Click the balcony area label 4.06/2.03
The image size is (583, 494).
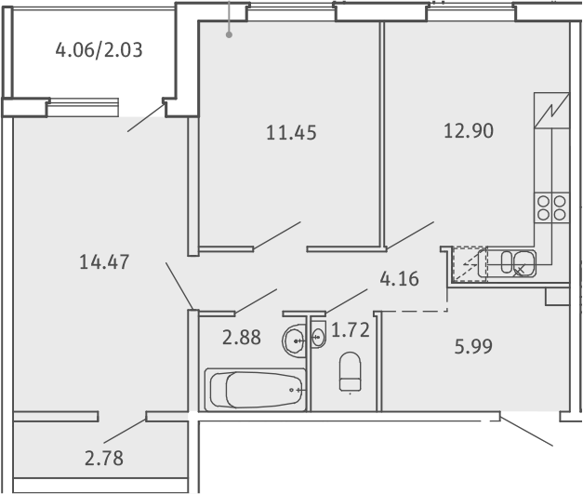click(x=99, y=50)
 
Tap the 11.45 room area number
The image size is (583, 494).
click(x=292, y=133)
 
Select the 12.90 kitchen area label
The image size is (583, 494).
click(x=469, y=131)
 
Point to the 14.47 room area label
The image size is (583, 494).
click(x=104, y=261)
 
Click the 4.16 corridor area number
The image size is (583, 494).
click(x=399, y=278)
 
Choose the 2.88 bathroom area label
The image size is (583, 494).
click(x=242, y=338)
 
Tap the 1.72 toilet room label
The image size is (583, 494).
click(x=351, y=330)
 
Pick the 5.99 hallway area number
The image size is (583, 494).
click(x=473, y=346)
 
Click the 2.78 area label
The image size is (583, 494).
click(x=104, y=459)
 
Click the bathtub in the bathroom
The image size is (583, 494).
click(x=256, y=390)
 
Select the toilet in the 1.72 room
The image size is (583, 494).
click(x=350, y=371)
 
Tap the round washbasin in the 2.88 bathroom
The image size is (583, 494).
click(x=294, y=340)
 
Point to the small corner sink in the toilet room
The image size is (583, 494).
click(x=318, y=338)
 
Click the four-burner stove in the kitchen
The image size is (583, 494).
click(x=551, y=208)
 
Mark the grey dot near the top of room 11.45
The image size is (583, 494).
click(x=230, y=35)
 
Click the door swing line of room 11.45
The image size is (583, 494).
click(x=277, y=235)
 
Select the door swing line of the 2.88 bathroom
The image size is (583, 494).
click(x=256, y=300)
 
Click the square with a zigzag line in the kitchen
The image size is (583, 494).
click(x=551, y=111)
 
